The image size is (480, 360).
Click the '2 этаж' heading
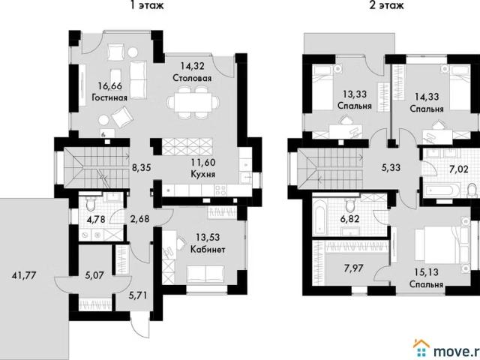(386, 5)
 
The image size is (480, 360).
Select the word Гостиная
(109, 97)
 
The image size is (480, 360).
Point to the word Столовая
(191, 78)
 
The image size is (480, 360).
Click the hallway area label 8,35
(141, 168)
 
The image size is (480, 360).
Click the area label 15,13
(426, 274)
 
